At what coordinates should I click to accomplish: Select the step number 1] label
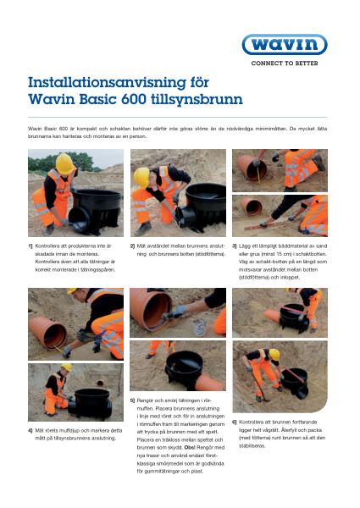pos(30,246)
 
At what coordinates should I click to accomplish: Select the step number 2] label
pos(133,246)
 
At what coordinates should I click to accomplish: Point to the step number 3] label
pos(235,246)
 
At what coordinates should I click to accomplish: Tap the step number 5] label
pos(133,399)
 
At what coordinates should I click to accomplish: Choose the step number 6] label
pos(235,421)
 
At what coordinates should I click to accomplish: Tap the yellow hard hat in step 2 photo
pos(142,176)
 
